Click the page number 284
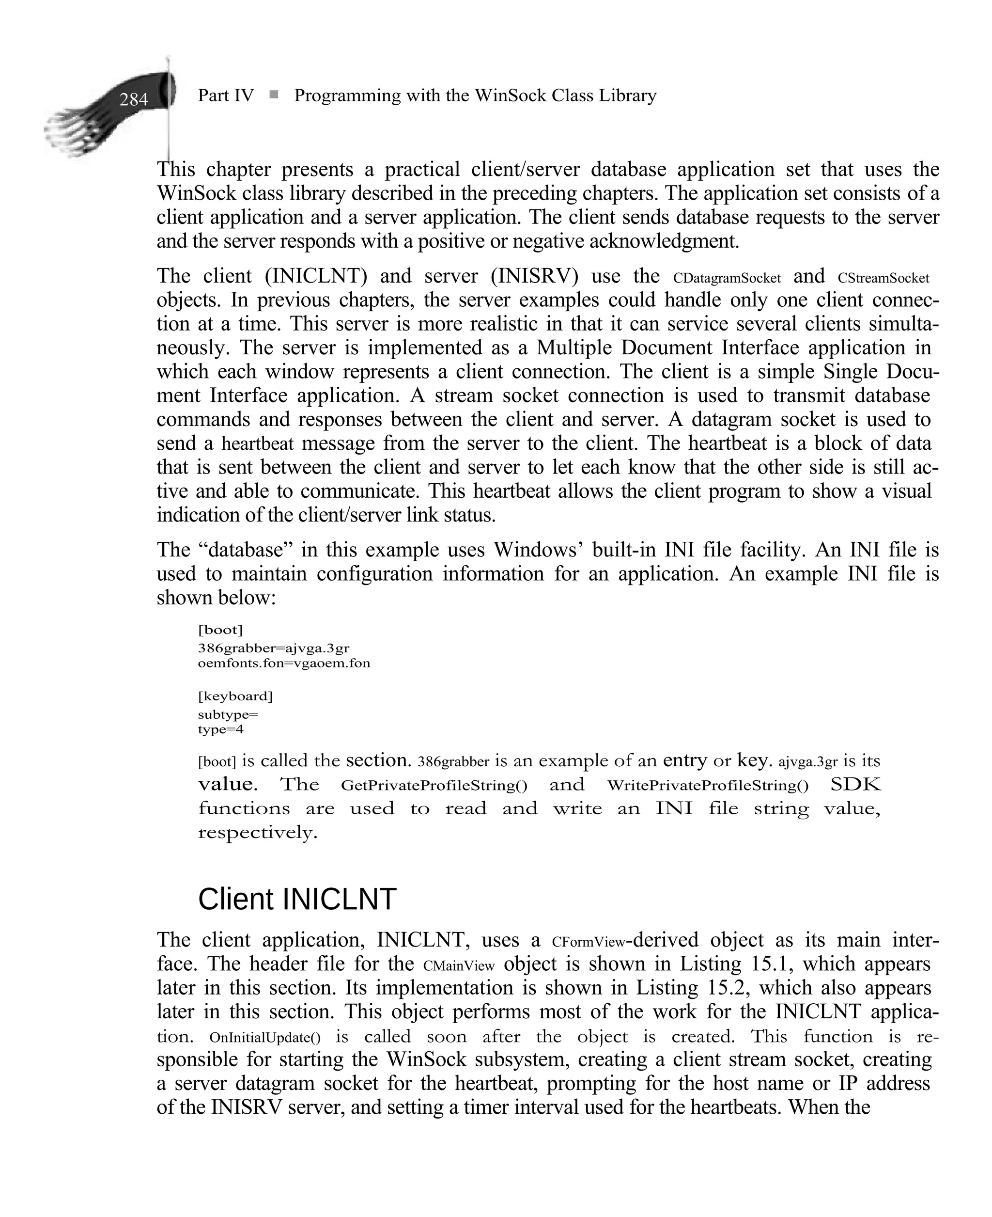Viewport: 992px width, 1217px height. [134, 100]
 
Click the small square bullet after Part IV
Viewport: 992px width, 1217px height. [274, 95]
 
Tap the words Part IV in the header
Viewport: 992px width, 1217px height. [225, 95]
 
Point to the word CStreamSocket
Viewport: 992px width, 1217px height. [883, 278]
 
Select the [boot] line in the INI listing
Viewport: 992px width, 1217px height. [220, 630]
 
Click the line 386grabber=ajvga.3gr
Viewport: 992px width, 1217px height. [273, 648]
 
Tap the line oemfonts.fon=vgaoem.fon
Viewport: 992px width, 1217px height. [283, 663]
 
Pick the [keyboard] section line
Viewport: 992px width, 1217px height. [235, 696]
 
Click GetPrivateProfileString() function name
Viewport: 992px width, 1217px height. [434, 786]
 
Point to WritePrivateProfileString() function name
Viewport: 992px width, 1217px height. [708, 786]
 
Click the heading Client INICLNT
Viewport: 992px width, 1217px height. [296, 899]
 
